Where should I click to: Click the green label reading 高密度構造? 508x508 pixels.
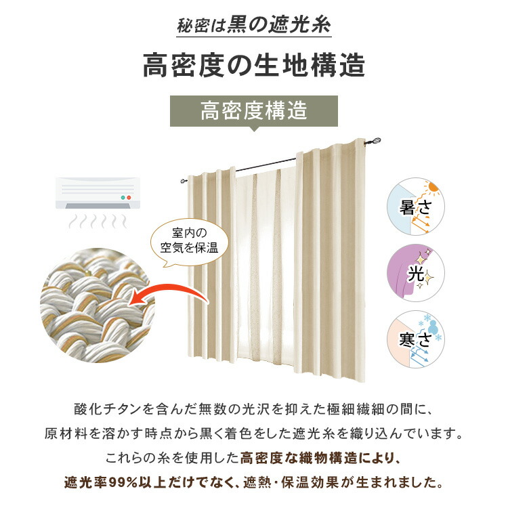[x=254, y=111]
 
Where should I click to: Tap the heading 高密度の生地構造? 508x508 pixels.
[x=254, y=66]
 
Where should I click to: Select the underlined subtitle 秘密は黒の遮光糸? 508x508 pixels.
[x=254, y=24]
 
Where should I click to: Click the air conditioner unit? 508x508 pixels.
[x=98, y=193]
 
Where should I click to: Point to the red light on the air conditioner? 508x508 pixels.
[x=129, y=197]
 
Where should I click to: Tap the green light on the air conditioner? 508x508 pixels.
[x=123, y=197]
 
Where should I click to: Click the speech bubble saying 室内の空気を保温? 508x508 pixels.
[x=189, y=241]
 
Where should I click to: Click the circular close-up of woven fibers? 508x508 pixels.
[x=97, y=305]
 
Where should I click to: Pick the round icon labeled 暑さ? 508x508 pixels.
[x=416, y=207]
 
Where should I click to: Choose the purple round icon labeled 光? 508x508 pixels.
[x=416, y=273]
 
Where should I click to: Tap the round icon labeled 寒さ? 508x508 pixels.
[x=416, y=339]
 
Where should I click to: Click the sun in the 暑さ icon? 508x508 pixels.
[x=432, y=187]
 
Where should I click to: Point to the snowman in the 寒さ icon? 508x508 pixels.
[x=431, y=326]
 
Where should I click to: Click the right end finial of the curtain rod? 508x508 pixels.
[x=376, y=142]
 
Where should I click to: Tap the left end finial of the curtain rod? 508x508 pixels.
[x=184, y=180]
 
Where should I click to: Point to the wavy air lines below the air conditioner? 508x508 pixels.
[x=98, y=221]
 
